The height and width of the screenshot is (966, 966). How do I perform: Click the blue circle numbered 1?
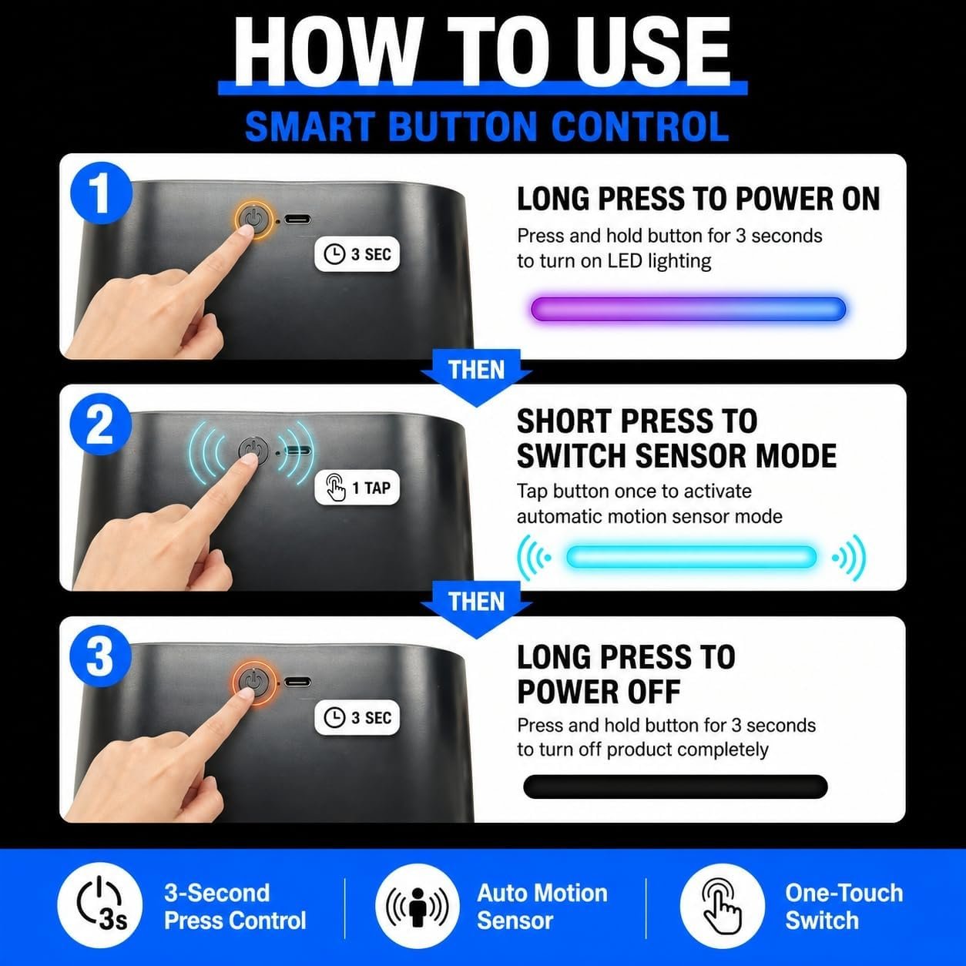pos(101,193)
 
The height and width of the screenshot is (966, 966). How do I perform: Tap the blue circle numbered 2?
pos(101,424)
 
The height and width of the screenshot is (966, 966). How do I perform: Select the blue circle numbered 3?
pos(101,656)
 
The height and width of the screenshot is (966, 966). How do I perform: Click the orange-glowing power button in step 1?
pos(255,220)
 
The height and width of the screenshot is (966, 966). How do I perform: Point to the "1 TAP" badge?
pos(357,488)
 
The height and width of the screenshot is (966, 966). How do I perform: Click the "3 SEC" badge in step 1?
pos(357,254)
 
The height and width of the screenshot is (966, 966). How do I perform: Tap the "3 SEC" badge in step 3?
pos(357,717)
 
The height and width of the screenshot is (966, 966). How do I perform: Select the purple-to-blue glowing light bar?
pos(688,308)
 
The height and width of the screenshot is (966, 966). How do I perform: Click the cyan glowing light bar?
pos(691,557)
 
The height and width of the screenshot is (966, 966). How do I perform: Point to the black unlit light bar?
pos(676,787)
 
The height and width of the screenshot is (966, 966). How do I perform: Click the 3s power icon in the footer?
pos(99,906)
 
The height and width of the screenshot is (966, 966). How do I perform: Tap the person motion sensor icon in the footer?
pos(417,906)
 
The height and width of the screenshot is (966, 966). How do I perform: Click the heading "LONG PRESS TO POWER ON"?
pos(698,199)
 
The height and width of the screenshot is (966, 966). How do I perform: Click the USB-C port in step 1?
pos(297,220)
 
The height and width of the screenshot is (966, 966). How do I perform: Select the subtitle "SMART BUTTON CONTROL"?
pos(487,126)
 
